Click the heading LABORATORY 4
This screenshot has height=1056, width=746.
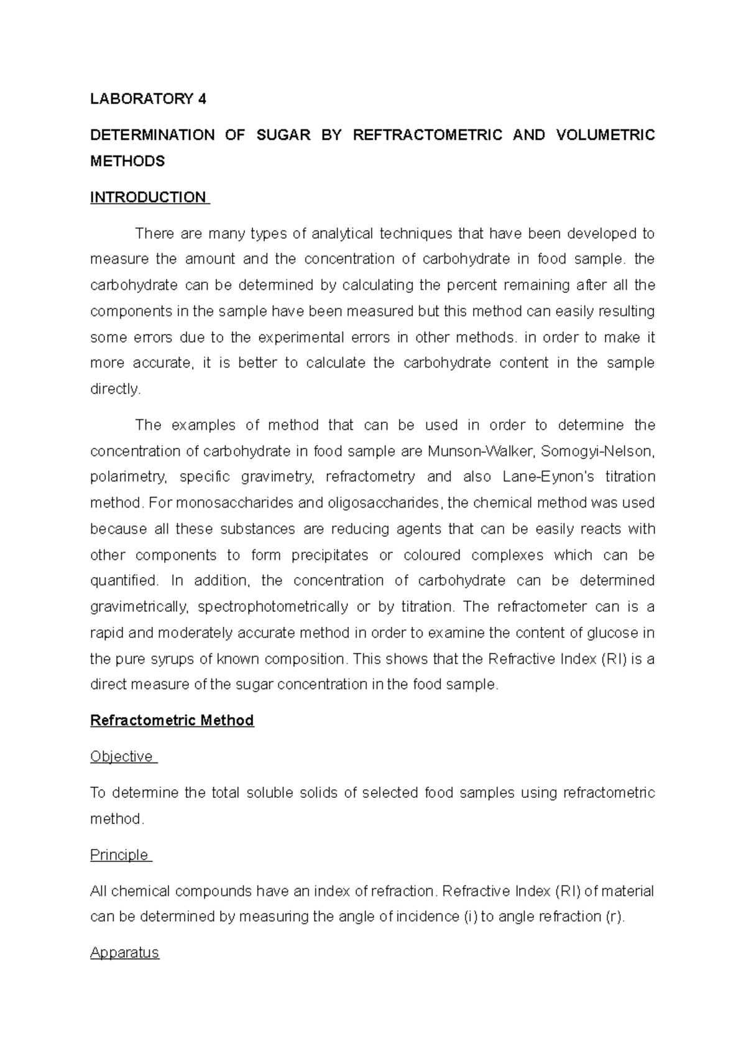coord(148,99)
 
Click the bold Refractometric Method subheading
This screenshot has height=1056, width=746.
coord(172,720)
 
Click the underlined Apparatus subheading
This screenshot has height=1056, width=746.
coord(124,953)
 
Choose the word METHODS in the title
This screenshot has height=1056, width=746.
coord(127,161)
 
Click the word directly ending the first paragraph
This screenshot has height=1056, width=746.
coord(115,389)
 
